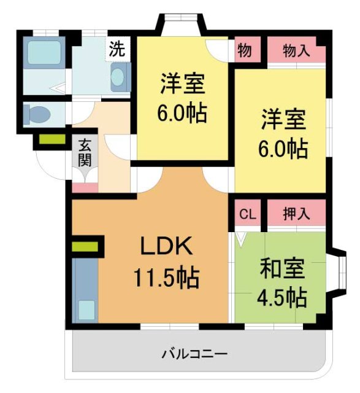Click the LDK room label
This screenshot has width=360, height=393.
[167, 247]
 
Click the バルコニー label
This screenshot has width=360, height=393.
[194, 354]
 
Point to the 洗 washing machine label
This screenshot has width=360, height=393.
[117, 50]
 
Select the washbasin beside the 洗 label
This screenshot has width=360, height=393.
[118, 79]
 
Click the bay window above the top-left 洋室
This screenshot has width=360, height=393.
[181, 25]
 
